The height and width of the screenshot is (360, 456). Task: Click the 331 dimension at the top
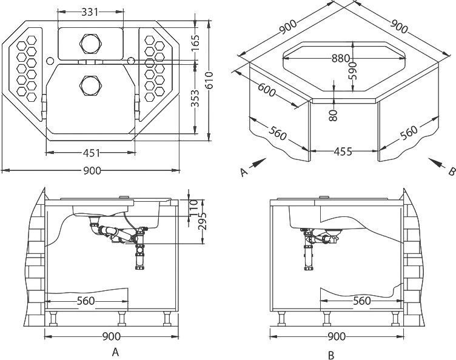pos(90,12)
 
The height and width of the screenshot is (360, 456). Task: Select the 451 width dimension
pos(92,153)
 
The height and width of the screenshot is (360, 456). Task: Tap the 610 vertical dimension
pos(209,81)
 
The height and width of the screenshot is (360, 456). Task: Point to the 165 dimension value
pos(195,42)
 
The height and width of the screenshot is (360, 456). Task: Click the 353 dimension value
pos(195,98)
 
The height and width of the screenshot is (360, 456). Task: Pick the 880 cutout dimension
pos(341,58)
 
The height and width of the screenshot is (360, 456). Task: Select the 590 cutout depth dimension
pos(353,70)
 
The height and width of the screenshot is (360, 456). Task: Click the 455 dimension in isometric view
pos(343,152)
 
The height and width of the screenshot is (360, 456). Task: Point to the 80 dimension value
pos(334,115)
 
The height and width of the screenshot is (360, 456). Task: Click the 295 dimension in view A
pos(202,221)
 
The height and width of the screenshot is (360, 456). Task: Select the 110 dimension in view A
pos(193,208)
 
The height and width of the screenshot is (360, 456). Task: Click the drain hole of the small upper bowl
pos(90,44)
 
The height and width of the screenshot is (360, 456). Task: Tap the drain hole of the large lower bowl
pos(90,85)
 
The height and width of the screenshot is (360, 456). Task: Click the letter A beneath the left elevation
pos(115,352)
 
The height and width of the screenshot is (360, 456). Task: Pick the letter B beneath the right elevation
pos(331,355)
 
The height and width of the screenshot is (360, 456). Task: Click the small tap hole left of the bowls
pos(50,61)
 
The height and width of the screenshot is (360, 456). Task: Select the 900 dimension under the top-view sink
pos(92,170)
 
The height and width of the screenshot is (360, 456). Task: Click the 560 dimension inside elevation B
pos(362,301)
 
